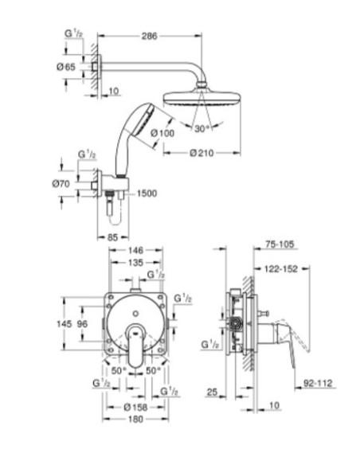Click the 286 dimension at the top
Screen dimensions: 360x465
pyautogui.click(x=149, y=36)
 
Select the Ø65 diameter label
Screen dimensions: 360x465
pyautogui.click(x=66, y=67)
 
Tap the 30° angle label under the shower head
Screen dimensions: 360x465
pyautogui.click(x=202, y=129)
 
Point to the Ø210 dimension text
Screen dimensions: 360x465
pyautogui.click(x=202, y=153)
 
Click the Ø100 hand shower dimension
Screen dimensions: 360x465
pyautogui.click(x=162, y=133)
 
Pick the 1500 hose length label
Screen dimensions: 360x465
pyautogui.click(x=147, y=193)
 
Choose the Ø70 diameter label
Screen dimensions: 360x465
pyautogui.click(x=61, y=184)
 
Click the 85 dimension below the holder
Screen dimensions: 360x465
pyautogui.click(x=112, y=237)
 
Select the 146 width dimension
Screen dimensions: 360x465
pyautogui.click(x=135, y=250)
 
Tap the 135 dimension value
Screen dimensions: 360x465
pyautogui.click(x=135, y=263)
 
